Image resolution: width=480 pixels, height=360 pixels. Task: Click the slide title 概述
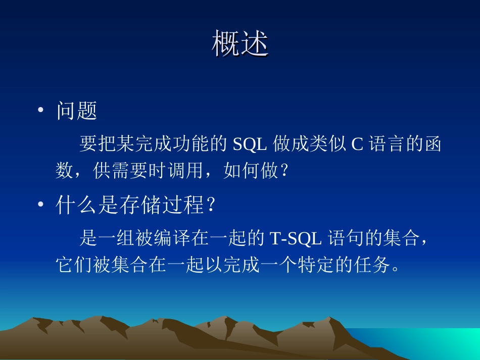point(240,44)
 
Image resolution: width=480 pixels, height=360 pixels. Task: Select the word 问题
point(77,111)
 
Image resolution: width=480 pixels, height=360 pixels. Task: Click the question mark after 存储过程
point(211,205)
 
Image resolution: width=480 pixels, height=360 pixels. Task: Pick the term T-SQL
point(296,238)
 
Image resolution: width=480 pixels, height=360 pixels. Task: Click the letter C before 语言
point(357,144)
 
